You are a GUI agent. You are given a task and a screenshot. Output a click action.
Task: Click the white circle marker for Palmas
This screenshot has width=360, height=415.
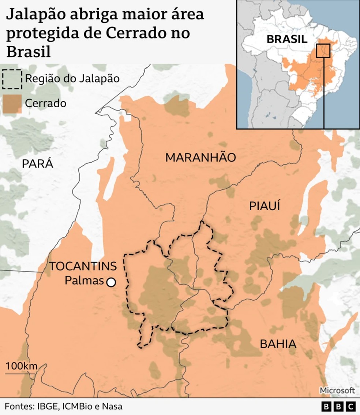[x=110, y=282]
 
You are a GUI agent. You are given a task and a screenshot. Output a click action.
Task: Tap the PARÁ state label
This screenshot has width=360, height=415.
[x=37, y=164]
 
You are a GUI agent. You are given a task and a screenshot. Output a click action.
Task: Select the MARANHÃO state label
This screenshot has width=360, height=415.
[x=200, y=158]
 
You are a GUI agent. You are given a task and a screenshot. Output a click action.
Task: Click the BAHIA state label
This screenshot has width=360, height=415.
[x=278, y=344]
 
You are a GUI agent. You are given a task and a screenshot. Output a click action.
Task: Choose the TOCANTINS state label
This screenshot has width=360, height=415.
[x=83, y=266]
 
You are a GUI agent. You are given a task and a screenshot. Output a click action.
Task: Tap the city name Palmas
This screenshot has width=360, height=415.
[x=84, y=281]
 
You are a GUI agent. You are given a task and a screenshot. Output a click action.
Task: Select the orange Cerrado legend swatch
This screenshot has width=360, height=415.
[x=12, y=103]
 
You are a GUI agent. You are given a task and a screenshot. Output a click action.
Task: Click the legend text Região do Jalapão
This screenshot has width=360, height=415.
[x=72, y=78]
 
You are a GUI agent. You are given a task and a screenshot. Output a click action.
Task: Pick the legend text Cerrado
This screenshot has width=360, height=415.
[x=46, y=103]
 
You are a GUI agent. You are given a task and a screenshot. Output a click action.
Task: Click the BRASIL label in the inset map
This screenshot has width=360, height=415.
[x=286, y=39]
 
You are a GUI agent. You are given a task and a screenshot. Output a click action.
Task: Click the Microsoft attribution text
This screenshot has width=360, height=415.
[x=337, y=390]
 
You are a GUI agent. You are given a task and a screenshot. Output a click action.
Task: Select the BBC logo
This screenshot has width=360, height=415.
[x=338, y=406]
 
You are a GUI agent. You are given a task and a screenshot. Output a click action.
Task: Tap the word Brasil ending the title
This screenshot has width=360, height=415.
[x=28, y=51]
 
